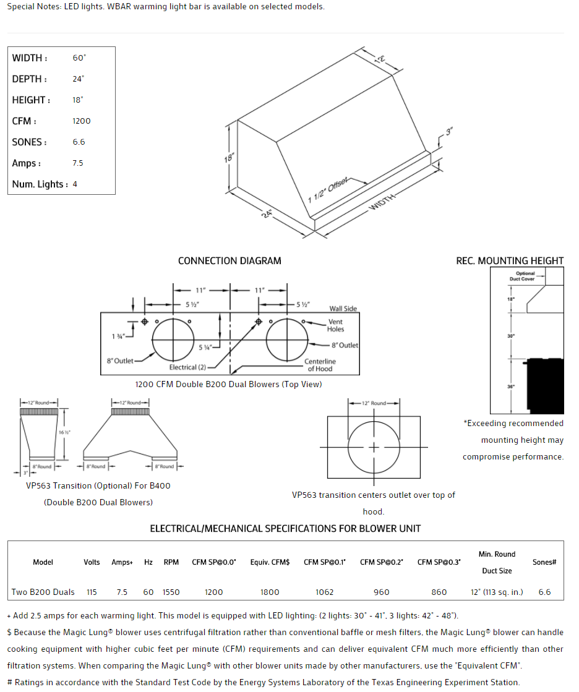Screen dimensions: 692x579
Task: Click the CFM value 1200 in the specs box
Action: [x=81, y=121]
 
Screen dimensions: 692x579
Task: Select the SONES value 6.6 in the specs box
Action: [x=79, y=142]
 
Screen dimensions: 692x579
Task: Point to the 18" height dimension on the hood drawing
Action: [x=229, y=158]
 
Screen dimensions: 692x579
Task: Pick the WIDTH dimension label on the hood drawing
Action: [x=382, y=202]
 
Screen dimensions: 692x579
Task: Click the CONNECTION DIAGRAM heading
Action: [x=229, y=261]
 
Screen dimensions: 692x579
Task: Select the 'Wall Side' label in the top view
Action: [x=343, y=309]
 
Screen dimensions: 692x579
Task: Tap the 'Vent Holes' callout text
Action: [x=335, y=325]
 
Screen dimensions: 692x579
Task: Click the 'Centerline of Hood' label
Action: [x=320, y=365]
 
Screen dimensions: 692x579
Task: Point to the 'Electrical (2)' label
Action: [x=188, y=367]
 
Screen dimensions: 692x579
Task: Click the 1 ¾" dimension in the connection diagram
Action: [x=118, y=336]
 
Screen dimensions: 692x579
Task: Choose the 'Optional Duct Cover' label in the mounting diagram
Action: [x=522, y=276]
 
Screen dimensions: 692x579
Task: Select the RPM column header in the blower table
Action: [x=171, y=562]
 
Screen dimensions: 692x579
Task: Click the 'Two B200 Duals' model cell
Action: [x=43, y=592]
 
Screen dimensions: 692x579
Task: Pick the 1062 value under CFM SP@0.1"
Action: [x=324, y=592]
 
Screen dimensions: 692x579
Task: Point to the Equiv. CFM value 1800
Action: [x=270, y=592]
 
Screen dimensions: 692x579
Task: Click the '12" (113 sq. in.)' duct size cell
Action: [x=496, y=592]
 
